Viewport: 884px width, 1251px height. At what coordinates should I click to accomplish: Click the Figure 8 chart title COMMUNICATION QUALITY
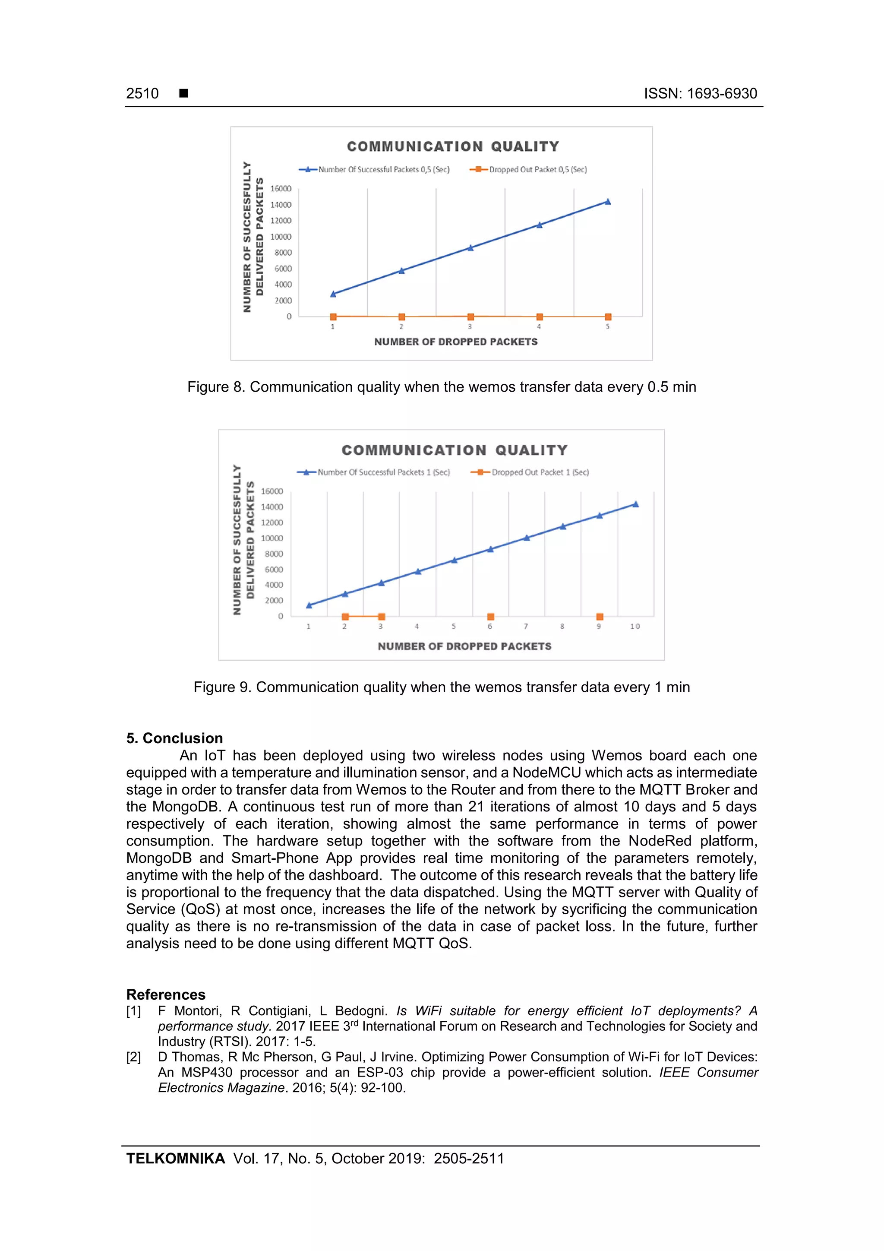pos(453,146)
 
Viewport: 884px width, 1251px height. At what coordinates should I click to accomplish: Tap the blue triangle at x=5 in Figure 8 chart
pos(608,202)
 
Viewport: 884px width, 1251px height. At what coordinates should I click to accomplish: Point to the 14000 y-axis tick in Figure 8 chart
pos(281,205)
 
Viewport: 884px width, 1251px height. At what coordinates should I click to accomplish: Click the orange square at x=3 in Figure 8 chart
pos(470,317)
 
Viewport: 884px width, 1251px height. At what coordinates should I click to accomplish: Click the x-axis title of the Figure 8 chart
pos(455,342)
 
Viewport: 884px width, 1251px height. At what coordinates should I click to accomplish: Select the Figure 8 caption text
pos(441,387)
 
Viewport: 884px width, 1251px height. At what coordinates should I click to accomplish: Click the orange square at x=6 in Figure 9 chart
pos(490,617)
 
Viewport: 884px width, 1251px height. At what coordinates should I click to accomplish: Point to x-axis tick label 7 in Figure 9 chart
pos(526,627)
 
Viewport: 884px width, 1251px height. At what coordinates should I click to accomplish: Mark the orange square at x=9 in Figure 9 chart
pos(599,617)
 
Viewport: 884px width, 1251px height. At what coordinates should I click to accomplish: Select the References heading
pos(166,994)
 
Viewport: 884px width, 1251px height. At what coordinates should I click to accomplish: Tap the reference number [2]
pos(133,1057)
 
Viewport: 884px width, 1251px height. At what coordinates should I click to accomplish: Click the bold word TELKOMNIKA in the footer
pos(175,1159)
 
